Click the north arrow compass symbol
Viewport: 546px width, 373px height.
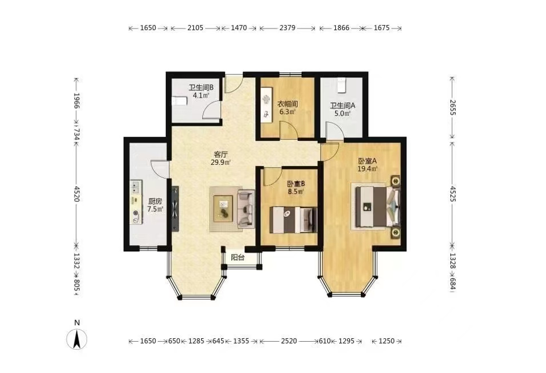(x=77, y=339)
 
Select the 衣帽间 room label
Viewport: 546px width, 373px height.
(x=287, y=104)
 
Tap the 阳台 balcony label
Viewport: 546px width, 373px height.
(x=238, y=258)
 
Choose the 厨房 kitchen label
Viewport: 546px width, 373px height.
(x=155, y=201)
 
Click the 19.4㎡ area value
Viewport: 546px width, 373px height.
(x=368, y=169)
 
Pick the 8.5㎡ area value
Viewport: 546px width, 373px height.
(x=297, y=192)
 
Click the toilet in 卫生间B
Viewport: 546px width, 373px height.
(x=180, y=101)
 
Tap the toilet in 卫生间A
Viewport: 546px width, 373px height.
(x=341, y=85)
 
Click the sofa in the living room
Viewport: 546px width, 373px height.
(x=246, y=209)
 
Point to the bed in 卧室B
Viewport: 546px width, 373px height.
(x=293, y=219)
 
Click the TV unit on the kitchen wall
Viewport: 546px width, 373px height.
(x=176, y=209)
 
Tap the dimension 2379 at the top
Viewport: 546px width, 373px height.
(x=287, y=28)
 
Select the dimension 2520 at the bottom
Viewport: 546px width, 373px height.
(x=289, y=341)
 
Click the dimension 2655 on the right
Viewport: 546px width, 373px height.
(x=452, y=107)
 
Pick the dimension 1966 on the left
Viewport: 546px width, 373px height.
(x=77, y=101)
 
